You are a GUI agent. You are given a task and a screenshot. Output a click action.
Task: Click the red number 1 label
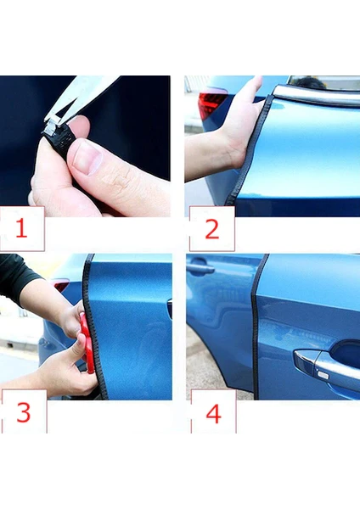click(x=21, y=228)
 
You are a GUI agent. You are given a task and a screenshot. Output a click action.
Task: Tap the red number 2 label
click(x=212, y=229)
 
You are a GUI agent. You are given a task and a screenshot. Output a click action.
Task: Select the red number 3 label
click(x=24, y=412)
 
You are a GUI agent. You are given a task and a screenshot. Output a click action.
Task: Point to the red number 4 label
click(x=213, y=413)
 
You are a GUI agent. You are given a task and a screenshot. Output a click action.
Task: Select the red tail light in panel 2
click(x=211, y=104)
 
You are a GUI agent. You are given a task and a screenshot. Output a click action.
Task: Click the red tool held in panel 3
click(x=87, y=342)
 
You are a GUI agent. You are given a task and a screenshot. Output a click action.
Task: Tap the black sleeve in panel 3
click(x=16, y=277)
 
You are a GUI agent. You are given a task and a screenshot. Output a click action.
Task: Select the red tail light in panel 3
click(x=61, y=285)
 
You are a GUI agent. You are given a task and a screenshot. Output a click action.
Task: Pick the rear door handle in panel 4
click(x=200, y=268)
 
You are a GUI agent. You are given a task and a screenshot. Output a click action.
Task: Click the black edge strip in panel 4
click(x=257, y=327)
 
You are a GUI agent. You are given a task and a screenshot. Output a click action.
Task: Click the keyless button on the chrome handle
click(x=323, y=375)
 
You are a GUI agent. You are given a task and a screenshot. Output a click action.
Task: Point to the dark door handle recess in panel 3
click(x=170, y=309)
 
